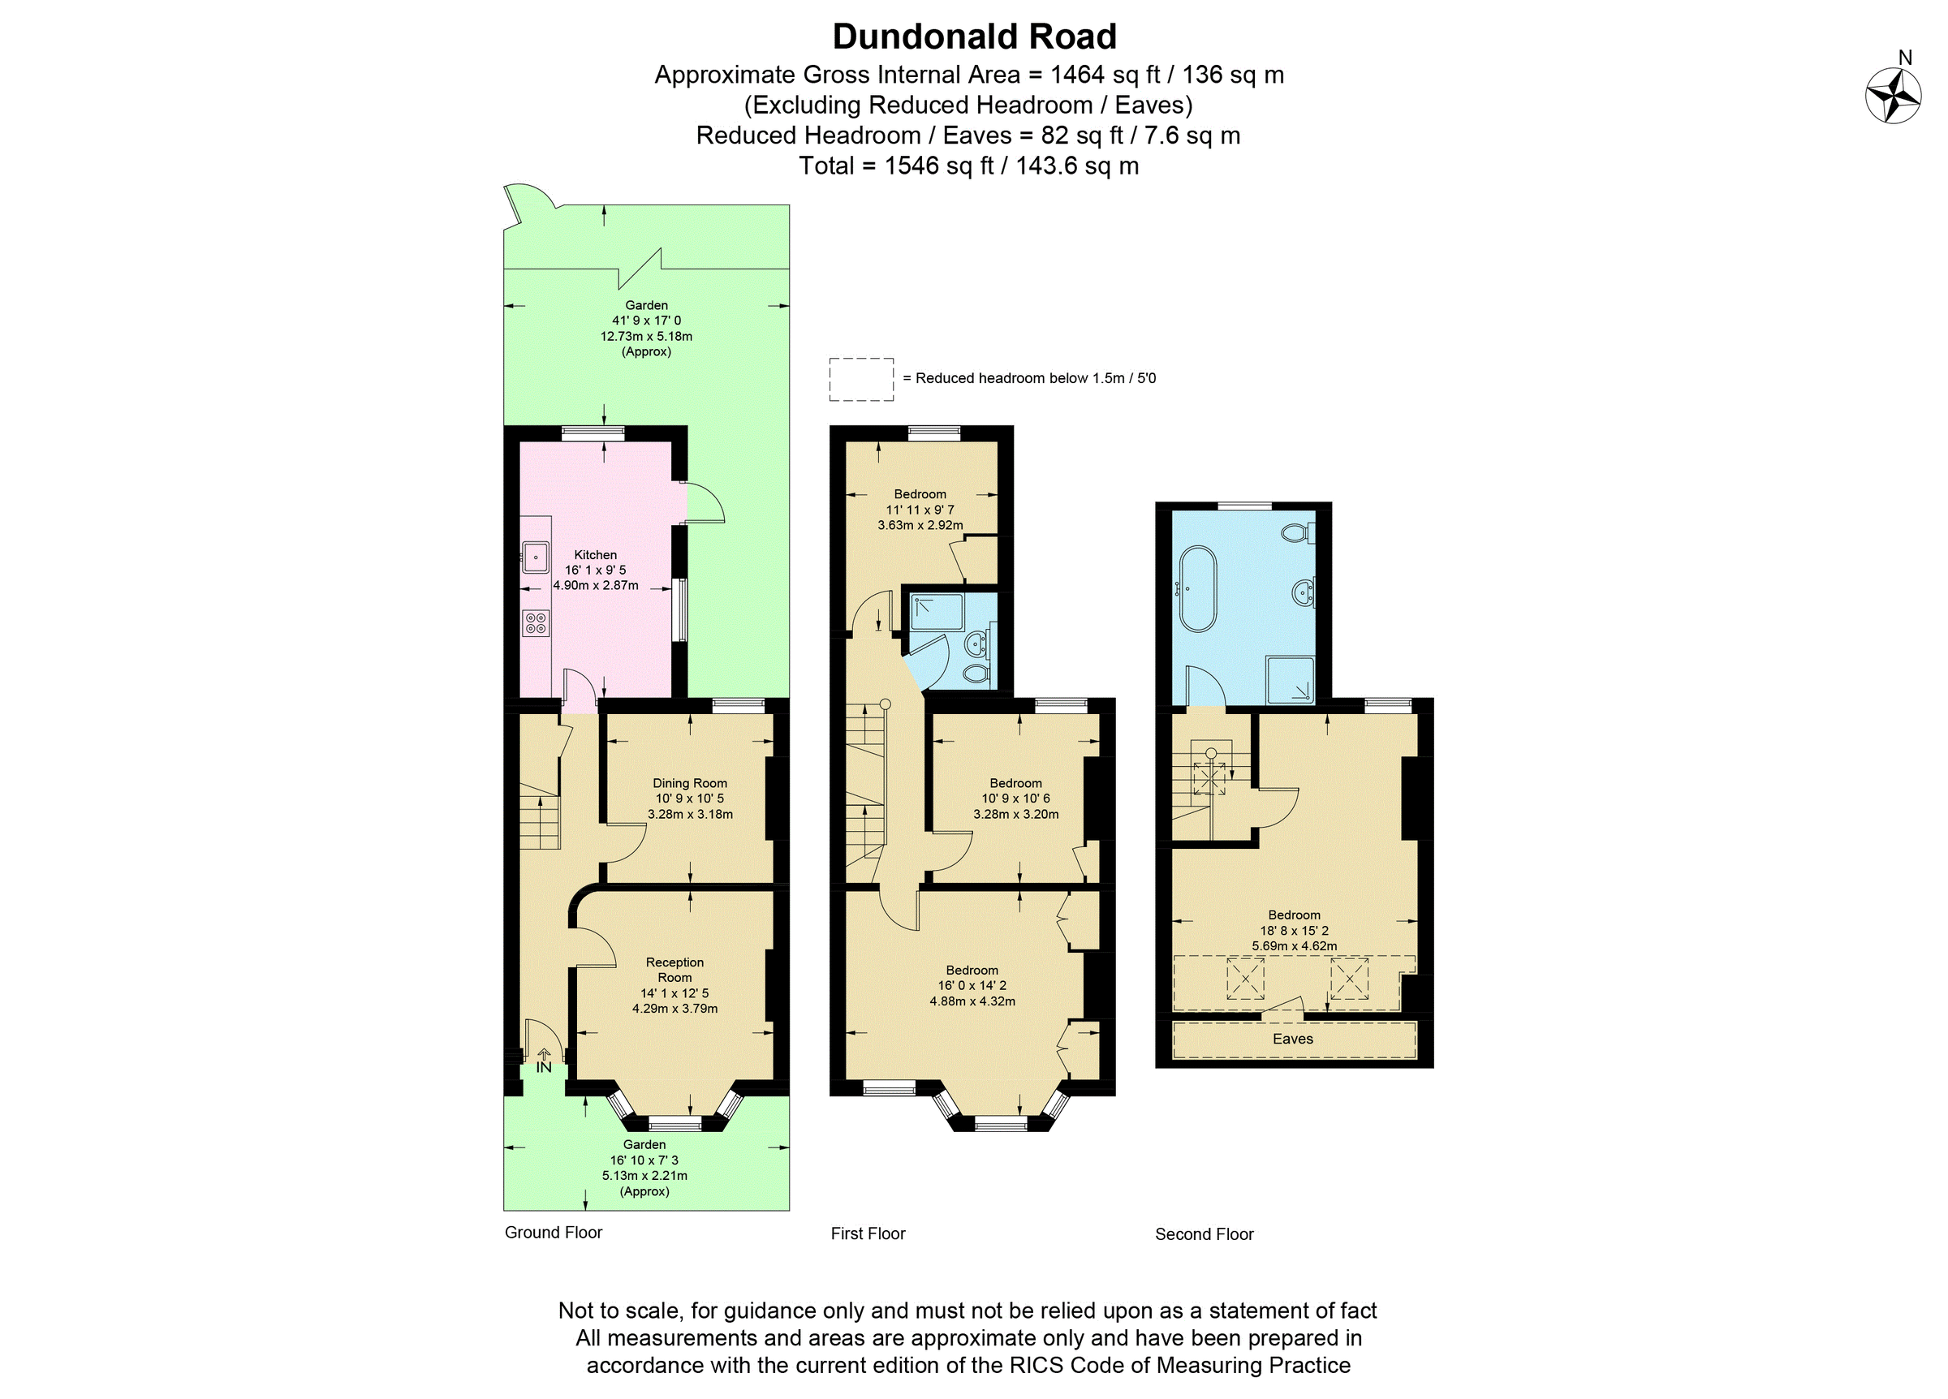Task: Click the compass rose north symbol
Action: pyautogui.click(x=1893, y=95)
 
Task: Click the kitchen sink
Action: pyautogui.click(x=536, y=557)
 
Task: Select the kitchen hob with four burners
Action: pyautogui.click(x=536, y=623)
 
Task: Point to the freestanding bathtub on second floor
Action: pyautogui.click(x=1197, y=588)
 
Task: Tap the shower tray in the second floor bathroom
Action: pyautogui.click(x=1290, y=680)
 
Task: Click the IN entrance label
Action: pyautogui.click(x=544, y=1067)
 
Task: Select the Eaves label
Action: pyautogui.click(x=1293, y=1040)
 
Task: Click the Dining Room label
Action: pyautogui.click(x=690, y=783)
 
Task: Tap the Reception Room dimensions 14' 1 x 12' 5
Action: pyautogui.click(x=675, y=992)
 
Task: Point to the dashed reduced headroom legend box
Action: pyautogui.click(x=860, y=380)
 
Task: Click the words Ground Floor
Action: pyautogui.click(x=553, y=1233)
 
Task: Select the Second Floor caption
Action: pyautogui.click(x=1205, y=1234)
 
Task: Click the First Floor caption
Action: pyautogui.click(x=868, y=1233)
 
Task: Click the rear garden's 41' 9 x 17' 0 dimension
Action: pyautogui.click(x=646, y=321)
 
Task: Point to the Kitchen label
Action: pyautogui.click(x=595, y=555)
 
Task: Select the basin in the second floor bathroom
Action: pyautogui.click(x=1303, y=592)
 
